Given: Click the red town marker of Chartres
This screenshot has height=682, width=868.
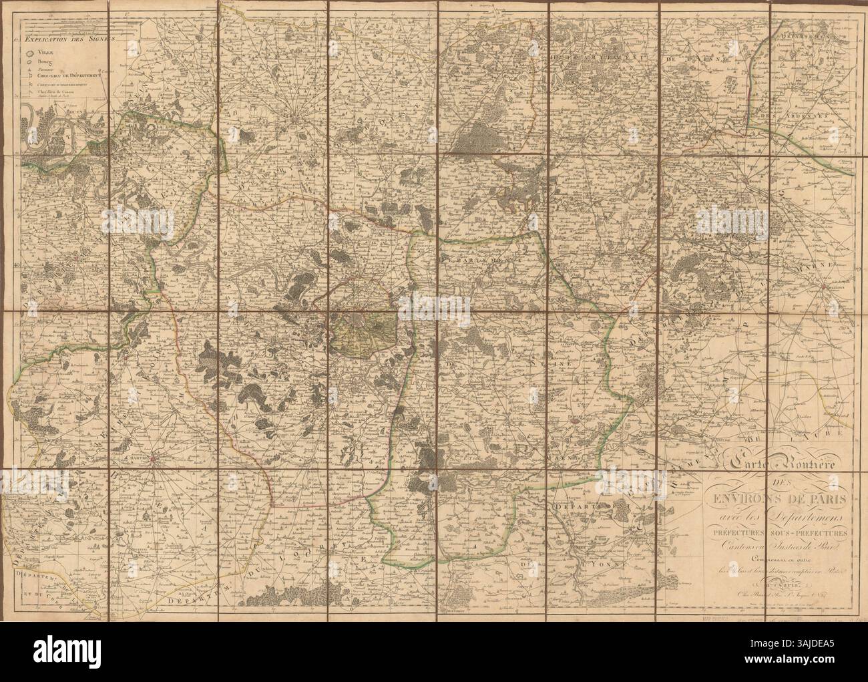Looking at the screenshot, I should [154, 460].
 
